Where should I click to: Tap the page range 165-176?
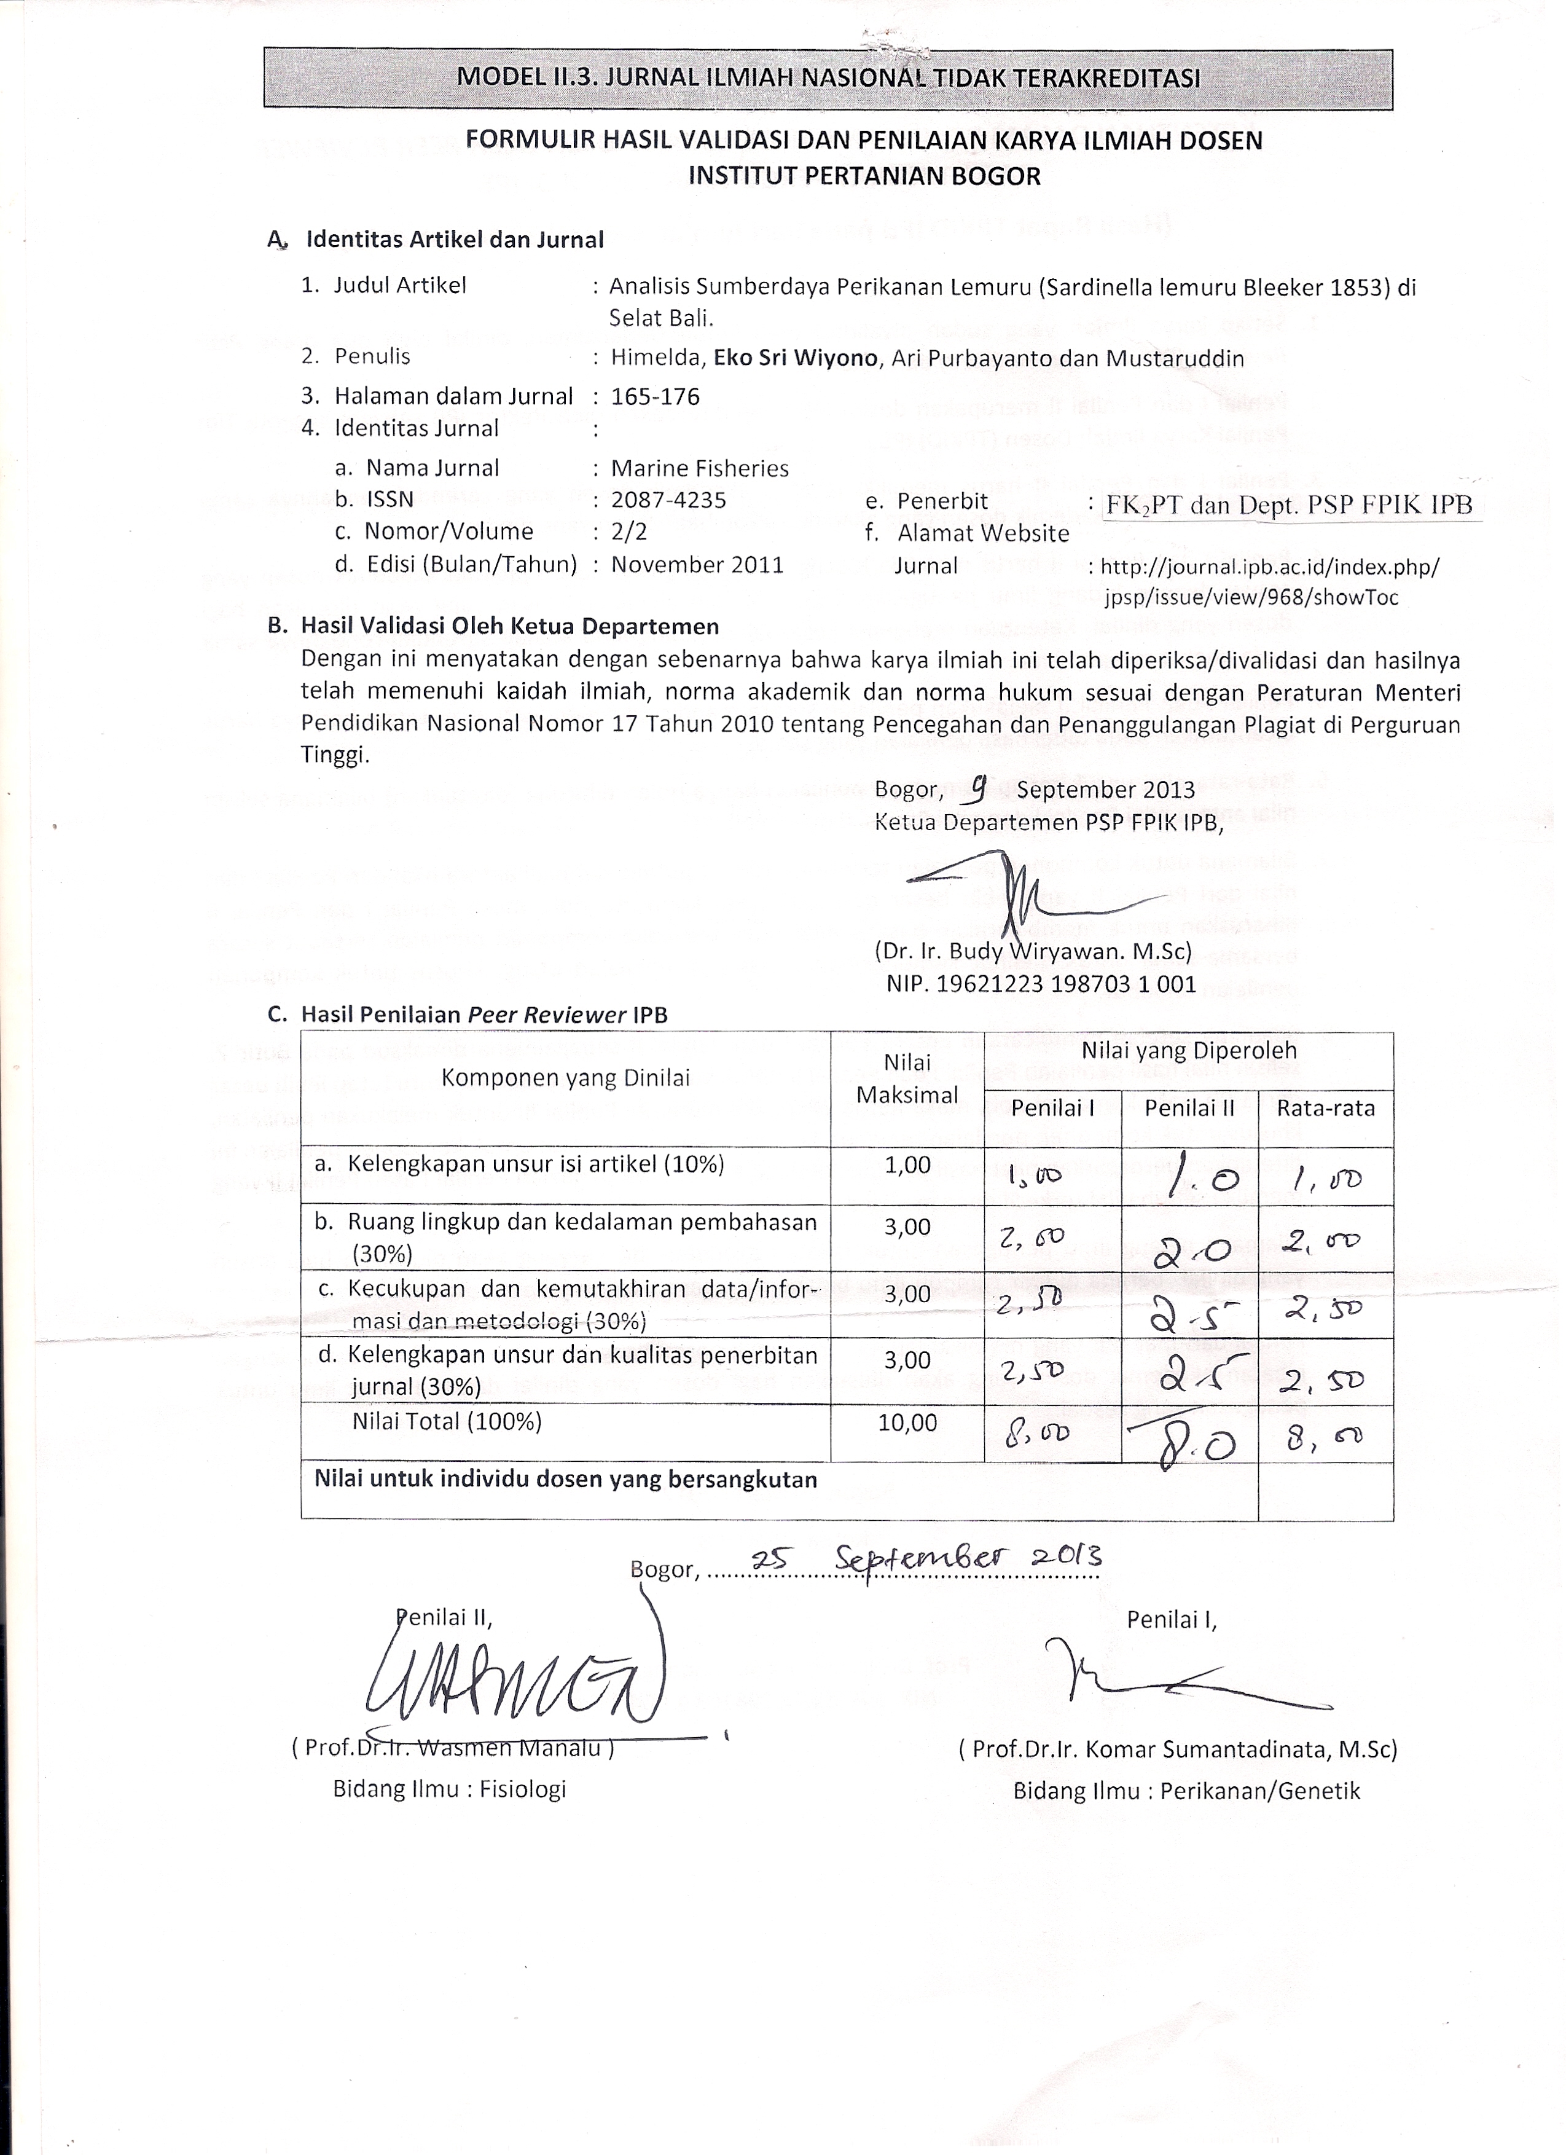(x=655, y=396)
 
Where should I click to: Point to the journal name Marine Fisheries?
(x=699, y=468)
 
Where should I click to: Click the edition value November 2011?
(x=697, y=564)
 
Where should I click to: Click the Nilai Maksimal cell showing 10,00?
(x=907, y=1423)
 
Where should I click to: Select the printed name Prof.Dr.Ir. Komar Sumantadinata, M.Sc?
(x=1178, y=1748)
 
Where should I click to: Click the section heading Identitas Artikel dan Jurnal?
(x=454, y=240)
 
